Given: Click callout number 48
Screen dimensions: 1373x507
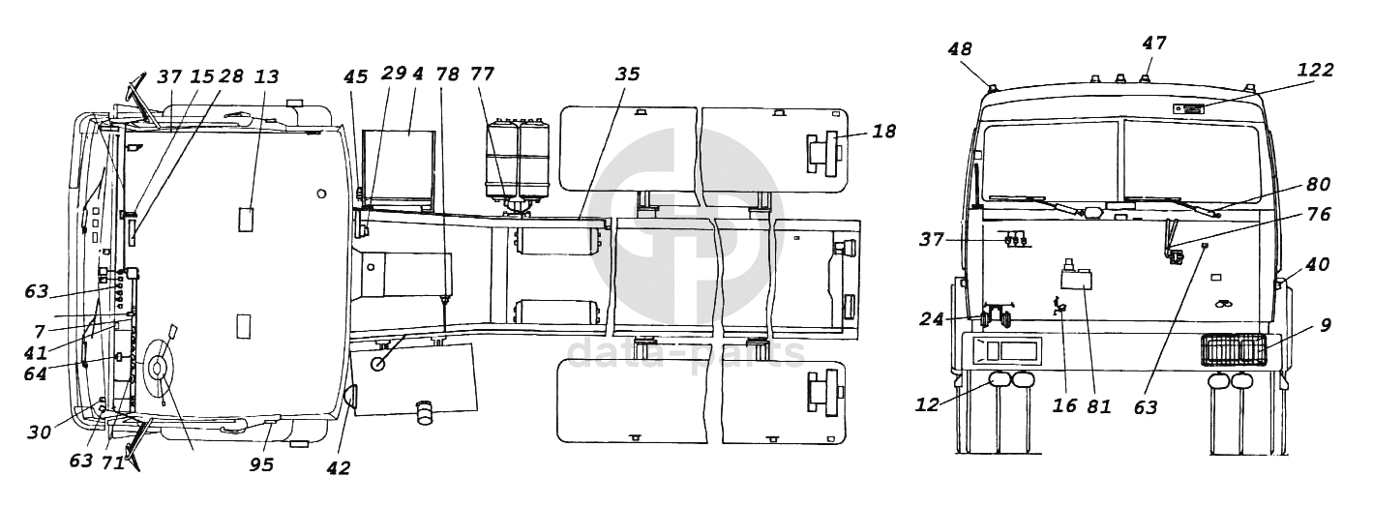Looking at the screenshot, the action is (x=960, y=49).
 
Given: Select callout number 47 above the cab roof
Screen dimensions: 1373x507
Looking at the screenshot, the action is (x=1154, y=43).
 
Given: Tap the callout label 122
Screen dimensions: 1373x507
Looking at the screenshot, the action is (x=1315, y=70).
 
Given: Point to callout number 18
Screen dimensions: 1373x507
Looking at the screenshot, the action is (x=883, y=132).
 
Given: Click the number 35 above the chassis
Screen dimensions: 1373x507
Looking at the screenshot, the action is (x=627, y=74).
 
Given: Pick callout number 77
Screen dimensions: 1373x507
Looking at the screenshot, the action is (x=483, y=74).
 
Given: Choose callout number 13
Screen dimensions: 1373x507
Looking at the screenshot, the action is (x=267, y=76).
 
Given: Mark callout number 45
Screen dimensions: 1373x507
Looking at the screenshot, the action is (x=355, y=76).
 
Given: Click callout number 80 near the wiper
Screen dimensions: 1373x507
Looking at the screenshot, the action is (x=1319, y=184).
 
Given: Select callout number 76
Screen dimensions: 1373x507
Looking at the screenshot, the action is (x=1319, y=214).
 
